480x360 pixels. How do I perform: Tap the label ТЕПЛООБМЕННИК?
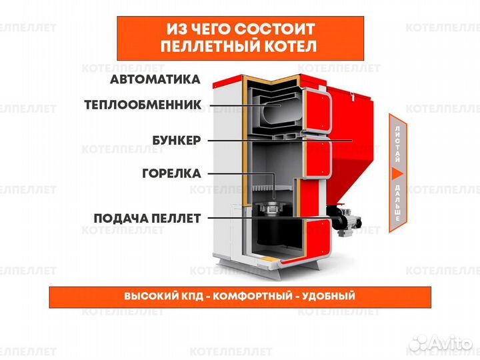coord(143,105)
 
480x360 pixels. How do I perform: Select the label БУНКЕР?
coord(177,141)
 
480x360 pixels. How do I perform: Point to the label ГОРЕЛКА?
coord(171,173)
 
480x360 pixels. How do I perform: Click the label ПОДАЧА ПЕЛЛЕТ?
coord(147,218)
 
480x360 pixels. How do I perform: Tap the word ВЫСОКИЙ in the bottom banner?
coord(148,296)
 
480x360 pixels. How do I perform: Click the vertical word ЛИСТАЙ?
coord(397,142)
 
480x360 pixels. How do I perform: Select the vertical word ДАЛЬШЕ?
coord(397,204)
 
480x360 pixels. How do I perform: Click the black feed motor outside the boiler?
coord(343,218)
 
